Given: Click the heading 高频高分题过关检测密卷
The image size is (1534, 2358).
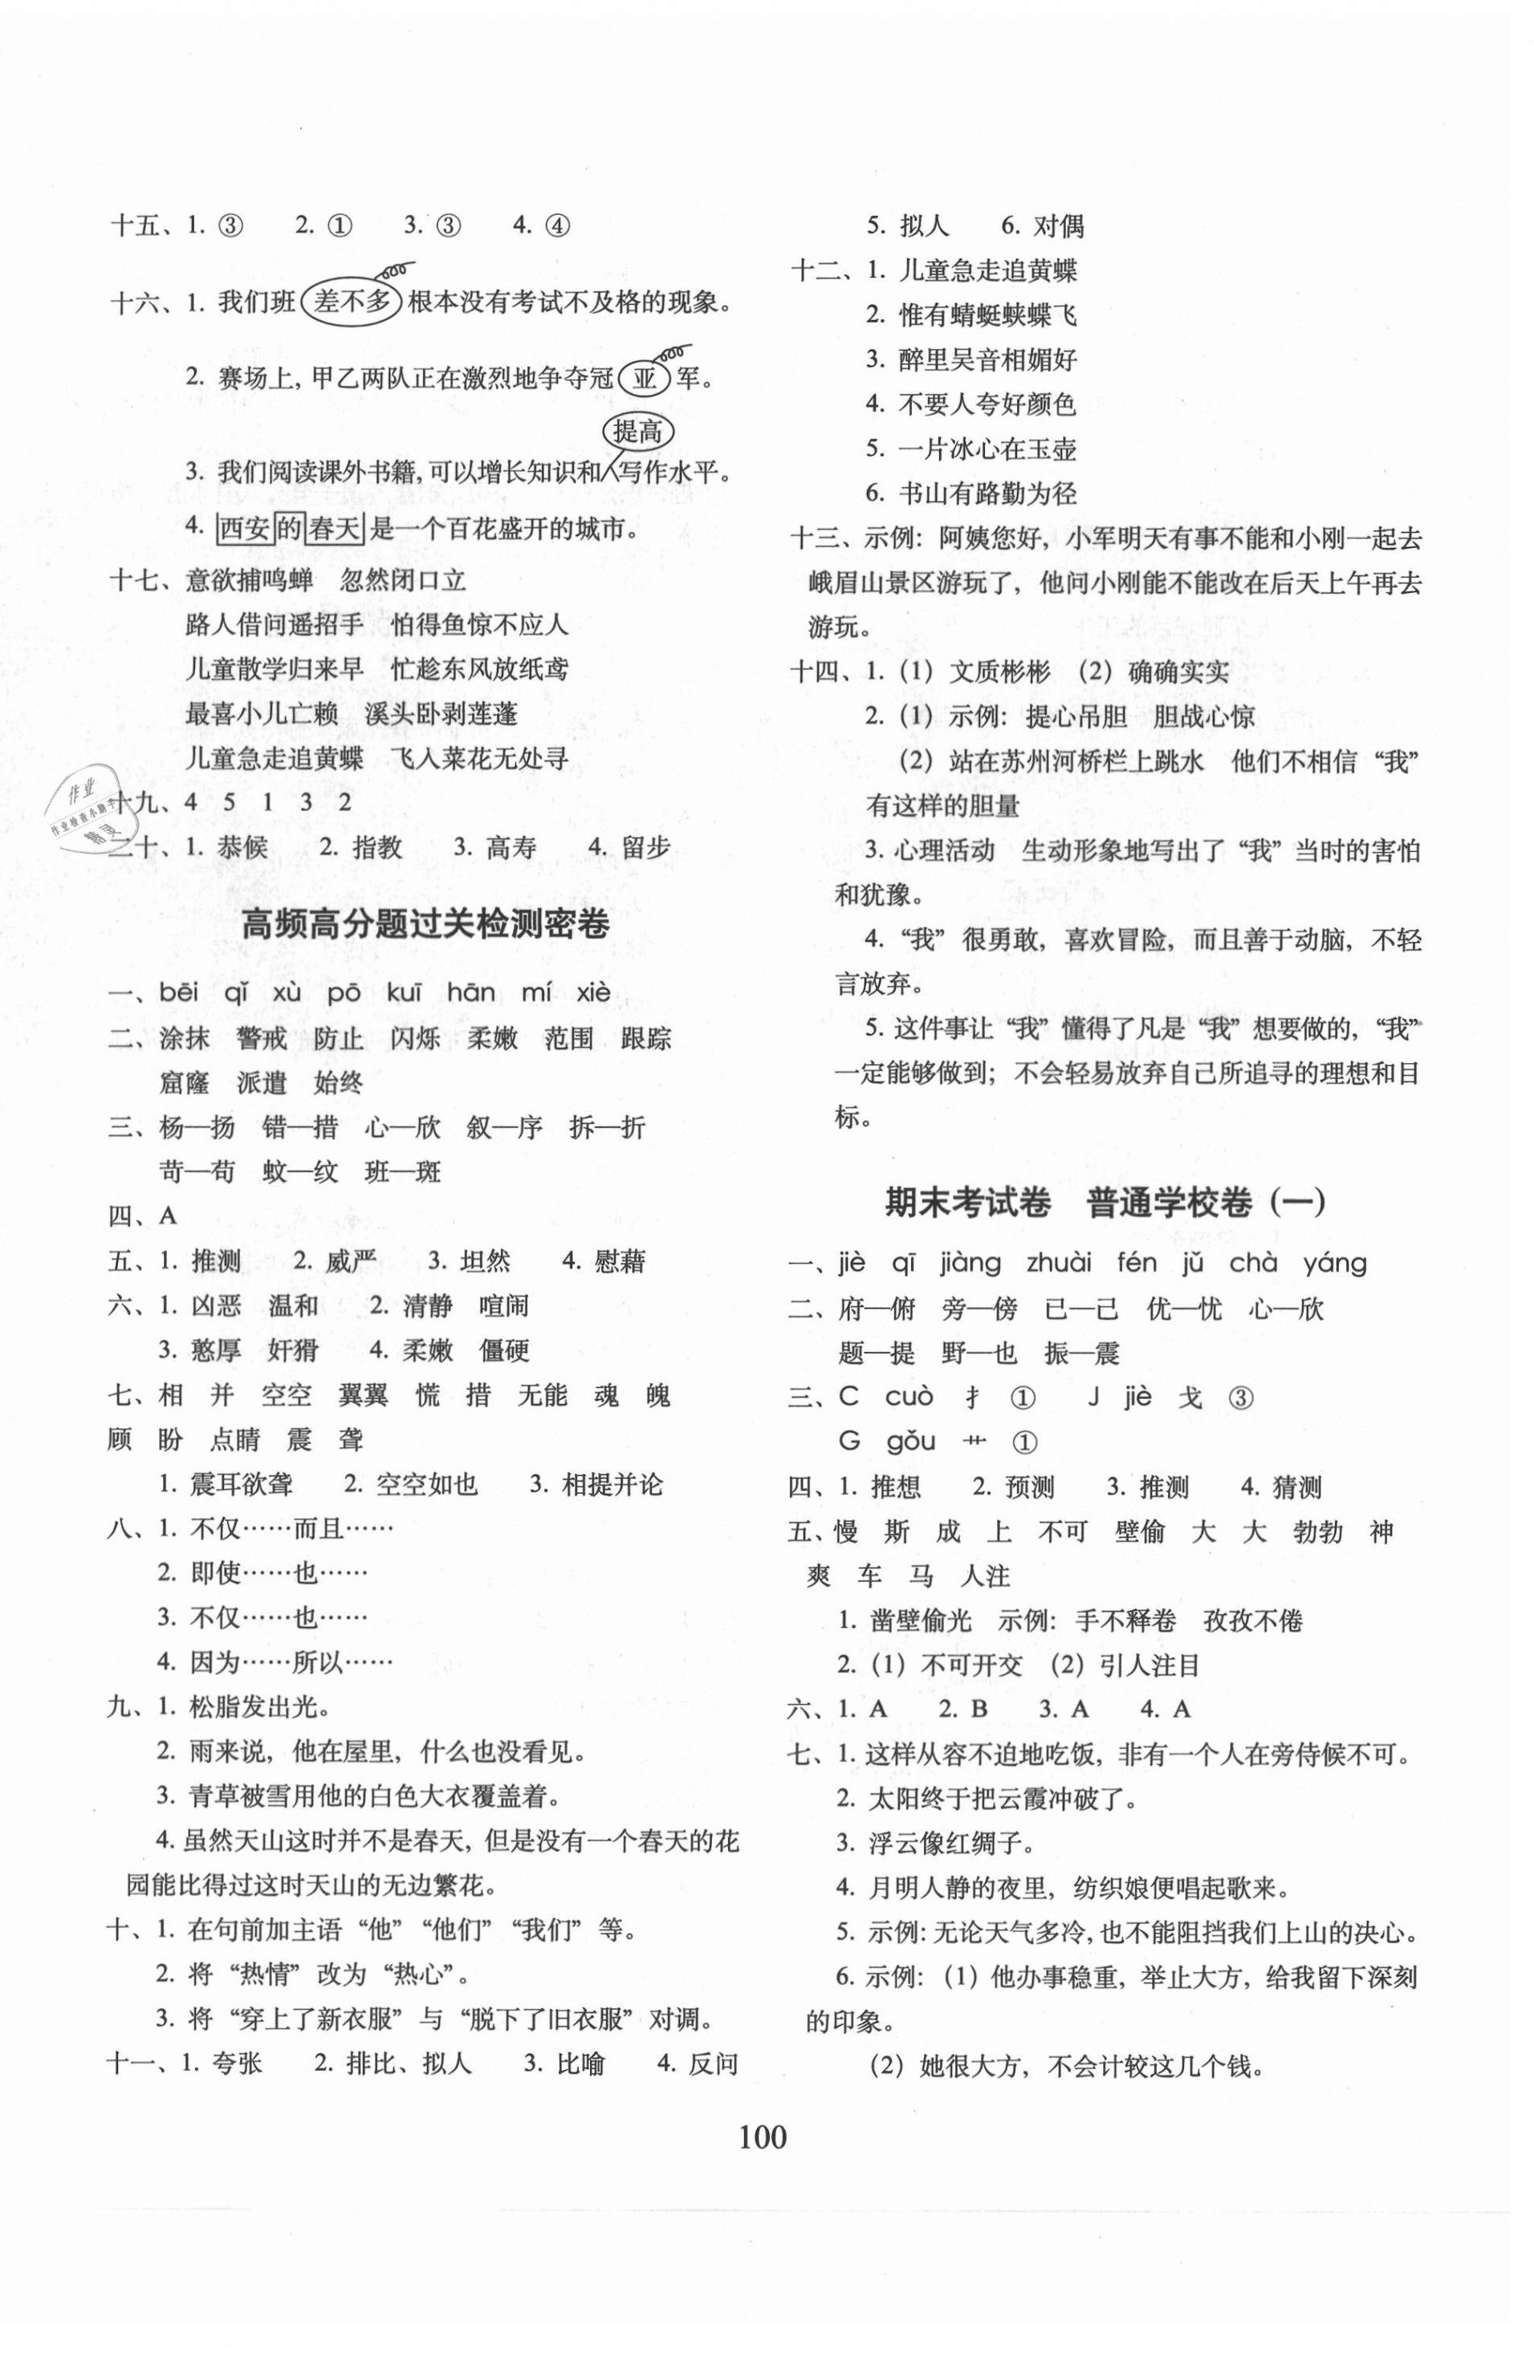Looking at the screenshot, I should (x=425, y=924).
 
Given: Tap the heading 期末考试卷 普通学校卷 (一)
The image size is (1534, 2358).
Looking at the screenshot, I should (x=1104, y=1203).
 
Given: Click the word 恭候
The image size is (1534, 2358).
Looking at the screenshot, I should (x=241, y=847).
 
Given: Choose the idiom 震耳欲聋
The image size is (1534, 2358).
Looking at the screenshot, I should (x=241, y=1484).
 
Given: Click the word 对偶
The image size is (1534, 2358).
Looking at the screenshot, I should (x=1058, y=226).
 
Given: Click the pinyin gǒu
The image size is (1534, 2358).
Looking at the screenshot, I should (x=909, y=1442).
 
